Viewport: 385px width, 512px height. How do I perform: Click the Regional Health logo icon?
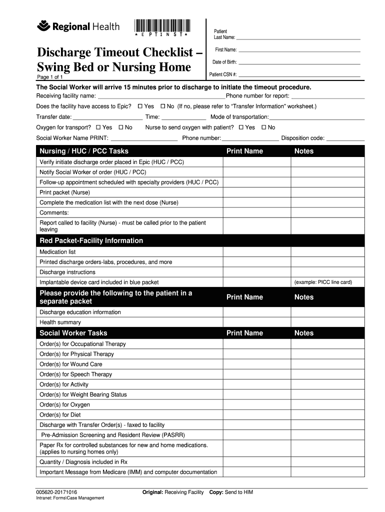[45, 25]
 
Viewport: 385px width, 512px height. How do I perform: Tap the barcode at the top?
[162, 25]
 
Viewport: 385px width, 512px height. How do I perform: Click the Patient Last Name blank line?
[298, 38]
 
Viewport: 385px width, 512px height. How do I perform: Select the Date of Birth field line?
[299, 63]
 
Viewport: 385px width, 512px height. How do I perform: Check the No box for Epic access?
[162, 106]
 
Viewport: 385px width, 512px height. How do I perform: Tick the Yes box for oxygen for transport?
[98, 127]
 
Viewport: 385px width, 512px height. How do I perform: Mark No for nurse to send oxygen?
[264, 127]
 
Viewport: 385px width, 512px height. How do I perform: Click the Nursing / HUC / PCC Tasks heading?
[84, 151]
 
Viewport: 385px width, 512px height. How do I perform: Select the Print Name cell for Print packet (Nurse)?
[256, 192]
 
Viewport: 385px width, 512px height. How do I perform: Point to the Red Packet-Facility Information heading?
[91, 240]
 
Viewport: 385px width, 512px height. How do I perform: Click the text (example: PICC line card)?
[323, 282]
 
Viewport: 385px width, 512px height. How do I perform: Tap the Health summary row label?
[60, 322]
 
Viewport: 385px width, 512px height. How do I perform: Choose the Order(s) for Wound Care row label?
[71, 364]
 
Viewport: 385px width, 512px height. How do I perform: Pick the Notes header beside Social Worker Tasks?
[304, 333]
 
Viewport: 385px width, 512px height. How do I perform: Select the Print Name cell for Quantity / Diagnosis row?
[256, 462]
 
